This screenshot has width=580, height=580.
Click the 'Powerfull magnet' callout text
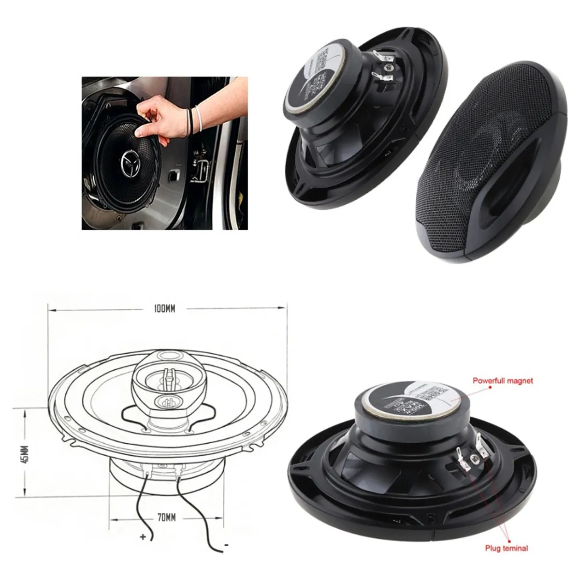tap(503, 381)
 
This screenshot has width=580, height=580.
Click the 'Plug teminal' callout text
tap(507, 548)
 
